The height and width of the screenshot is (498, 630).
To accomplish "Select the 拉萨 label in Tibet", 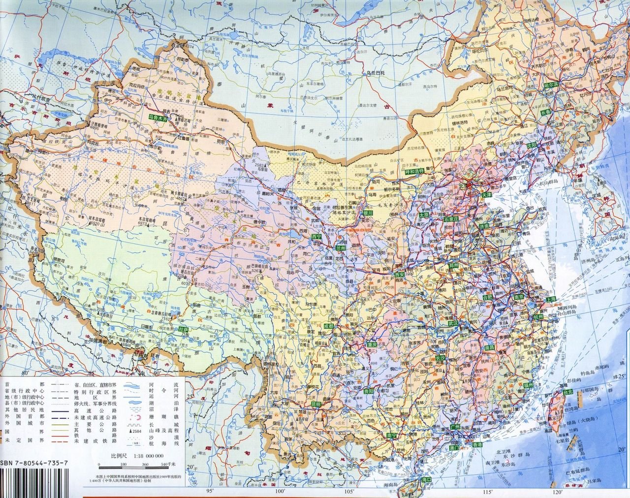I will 184,329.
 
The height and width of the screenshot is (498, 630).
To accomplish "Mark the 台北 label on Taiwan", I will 567,392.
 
